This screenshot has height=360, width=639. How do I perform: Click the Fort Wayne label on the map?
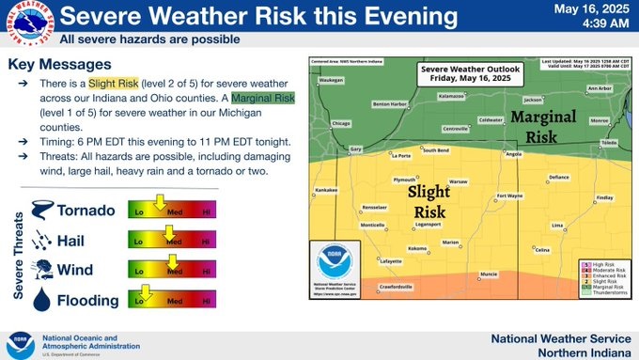click(509, 196)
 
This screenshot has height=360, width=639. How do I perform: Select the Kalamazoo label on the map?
click(451, 95)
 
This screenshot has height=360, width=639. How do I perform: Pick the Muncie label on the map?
click(489, 274)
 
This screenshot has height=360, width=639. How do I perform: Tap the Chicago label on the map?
click(341, 123)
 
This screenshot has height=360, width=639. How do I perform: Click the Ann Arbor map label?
click(599, 88)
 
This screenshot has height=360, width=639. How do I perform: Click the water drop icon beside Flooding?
click(42, 300)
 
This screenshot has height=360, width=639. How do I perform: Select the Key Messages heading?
click(59, 64)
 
